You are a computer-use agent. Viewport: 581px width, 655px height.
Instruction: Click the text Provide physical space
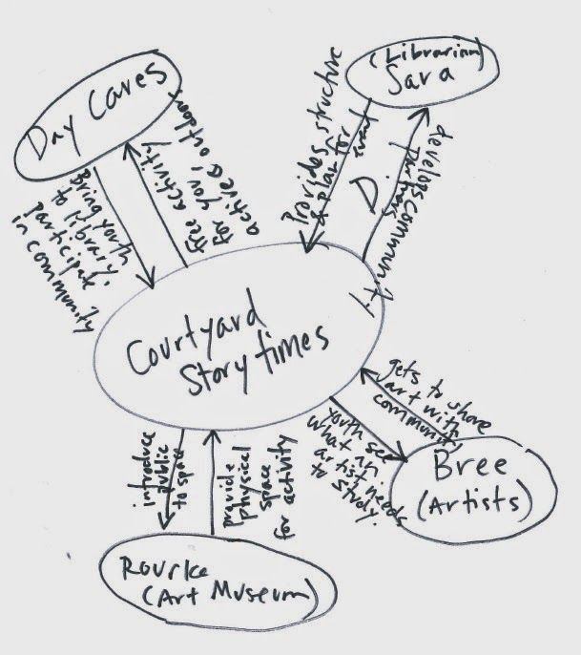(238, 482)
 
